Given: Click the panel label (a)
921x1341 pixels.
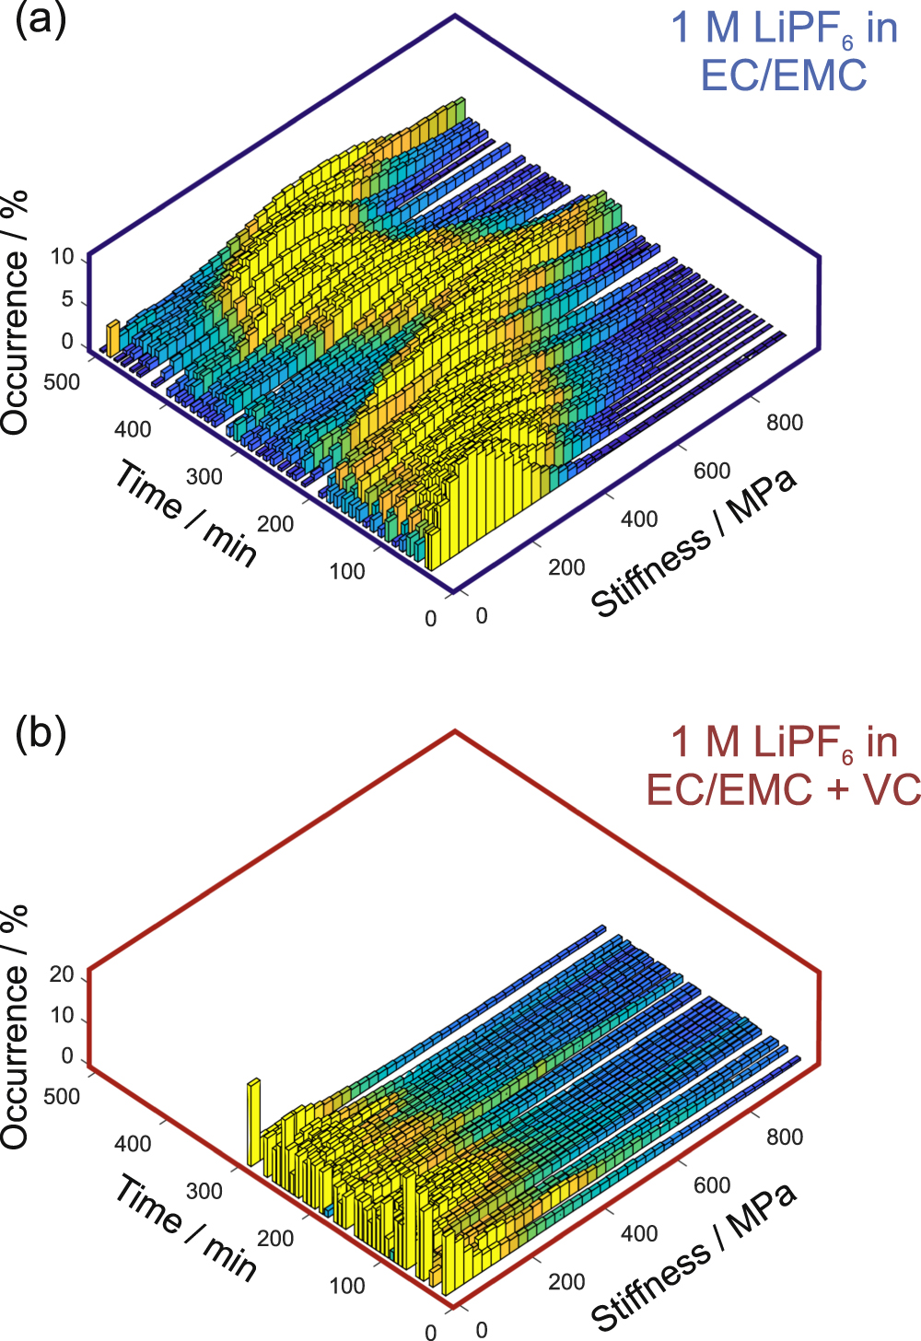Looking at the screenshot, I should pos(41,21).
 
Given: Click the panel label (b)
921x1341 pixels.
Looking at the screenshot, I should pos(41,735).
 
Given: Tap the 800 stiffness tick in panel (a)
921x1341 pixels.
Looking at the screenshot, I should pos(785,423).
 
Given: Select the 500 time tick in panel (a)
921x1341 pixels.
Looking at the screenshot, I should pos(62,382).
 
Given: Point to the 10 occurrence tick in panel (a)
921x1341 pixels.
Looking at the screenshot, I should pos(62,258).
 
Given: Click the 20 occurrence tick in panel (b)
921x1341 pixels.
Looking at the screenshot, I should pos(62,974).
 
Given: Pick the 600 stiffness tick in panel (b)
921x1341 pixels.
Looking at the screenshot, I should pos(712,1185).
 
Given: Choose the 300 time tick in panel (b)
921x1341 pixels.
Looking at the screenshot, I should pos(204,1191).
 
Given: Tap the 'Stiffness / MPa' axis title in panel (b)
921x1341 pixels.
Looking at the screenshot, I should pos(694,1258).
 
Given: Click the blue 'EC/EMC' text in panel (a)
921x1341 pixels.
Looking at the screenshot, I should pos(784,75).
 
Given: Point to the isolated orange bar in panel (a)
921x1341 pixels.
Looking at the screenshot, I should pos(112,338).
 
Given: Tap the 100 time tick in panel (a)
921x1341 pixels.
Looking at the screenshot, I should pos(347,571).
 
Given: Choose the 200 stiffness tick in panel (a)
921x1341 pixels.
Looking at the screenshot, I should pos(566,567).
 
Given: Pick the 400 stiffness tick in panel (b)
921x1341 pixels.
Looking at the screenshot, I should pos(639,1233).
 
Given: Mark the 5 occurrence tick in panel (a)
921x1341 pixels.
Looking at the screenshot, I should pos(66,300).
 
